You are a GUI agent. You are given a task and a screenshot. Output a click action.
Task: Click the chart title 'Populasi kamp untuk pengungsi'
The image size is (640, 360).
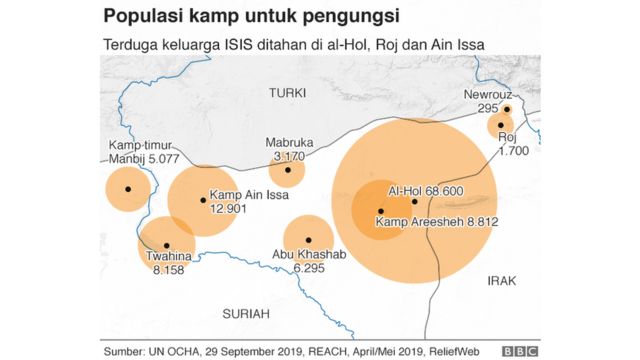(250, 17)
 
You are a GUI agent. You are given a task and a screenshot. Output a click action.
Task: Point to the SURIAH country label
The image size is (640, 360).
(246, 313)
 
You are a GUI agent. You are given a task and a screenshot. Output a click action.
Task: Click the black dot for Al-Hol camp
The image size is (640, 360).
(414, 201)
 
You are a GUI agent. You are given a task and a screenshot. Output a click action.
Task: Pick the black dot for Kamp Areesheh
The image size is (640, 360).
(380, 211)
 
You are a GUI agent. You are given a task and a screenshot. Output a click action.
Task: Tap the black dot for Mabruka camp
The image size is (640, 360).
(287, 170)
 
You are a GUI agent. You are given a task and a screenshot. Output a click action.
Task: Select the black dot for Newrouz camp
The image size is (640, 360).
(508, 109)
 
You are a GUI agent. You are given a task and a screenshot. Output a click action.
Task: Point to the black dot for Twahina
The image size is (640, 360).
(166, 245)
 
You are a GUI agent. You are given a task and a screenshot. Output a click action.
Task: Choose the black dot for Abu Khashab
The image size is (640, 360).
(309, 240)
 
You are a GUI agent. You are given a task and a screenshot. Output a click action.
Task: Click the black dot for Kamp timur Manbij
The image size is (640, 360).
(127, 189)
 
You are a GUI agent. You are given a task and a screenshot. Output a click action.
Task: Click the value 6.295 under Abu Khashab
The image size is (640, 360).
(312, 268)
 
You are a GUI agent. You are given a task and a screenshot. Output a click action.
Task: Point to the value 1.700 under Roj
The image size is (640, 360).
(513, 150)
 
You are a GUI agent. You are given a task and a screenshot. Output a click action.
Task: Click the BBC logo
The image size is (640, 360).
(520, 351)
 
